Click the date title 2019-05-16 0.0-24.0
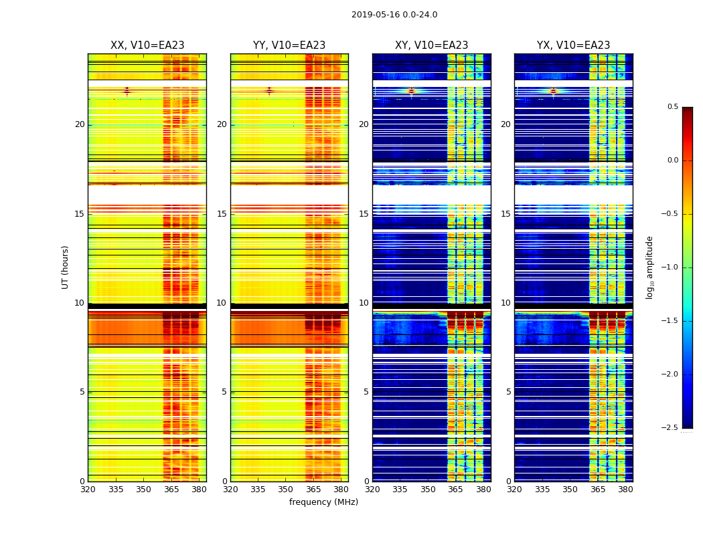click(394, 15)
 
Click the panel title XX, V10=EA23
click(147, 45)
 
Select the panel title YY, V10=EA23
click(289, 45)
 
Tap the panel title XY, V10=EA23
click(431, 45)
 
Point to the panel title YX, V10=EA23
click(573, 45)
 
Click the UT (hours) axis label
click(65, 267)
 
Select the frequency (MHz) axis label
click(323, 502)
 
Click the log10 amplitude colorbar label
click(649, 267)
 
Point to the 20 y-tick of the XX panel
click(80, 124)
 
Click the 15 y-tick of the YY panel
click(222, 214)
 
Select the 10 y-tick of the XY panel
click(364, 303)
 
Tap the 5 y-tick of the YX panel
click(509, 392)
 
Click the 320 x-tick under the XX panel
click(88, 490)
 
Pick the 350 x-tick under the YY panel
click(286, 490)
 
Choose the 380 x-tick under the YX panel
click(625, 490)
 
